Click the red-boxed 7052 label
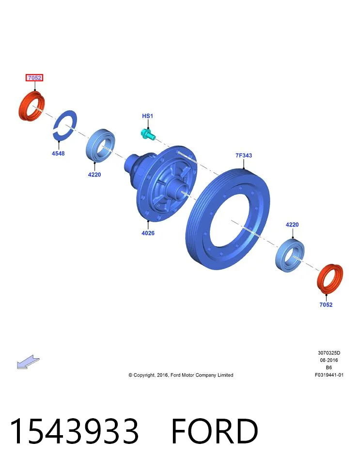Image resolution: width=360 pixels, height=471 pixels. pyautogui.click(x=34, y=78)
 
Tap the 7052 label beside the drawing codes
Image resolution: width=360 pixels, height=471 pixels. pyautogui.click(x=326, y=304)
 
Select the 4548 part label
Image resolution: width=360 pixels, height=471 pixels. pyautogui.click(x=58, y=153)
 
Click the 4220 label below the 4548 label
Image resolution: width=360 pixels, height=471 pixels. pyautogui.click(x=94, y=175)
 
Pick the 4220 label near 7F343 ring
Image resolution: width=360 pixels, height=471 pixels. pyautogui.click(x=292, y=225)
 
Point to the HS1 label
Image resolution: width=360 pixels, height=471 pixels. pyautogui.click(x=147, y=116)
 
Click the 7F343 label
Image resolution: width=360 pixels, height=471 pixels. pyautogui.click(x=244, y=155)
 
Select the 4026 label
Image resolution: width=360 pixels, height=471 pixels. pyautogui.click(x=148, y=233)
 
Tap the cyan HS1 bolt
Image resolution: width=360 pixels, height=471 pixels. pyautogui.click(x=148, y=134)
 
